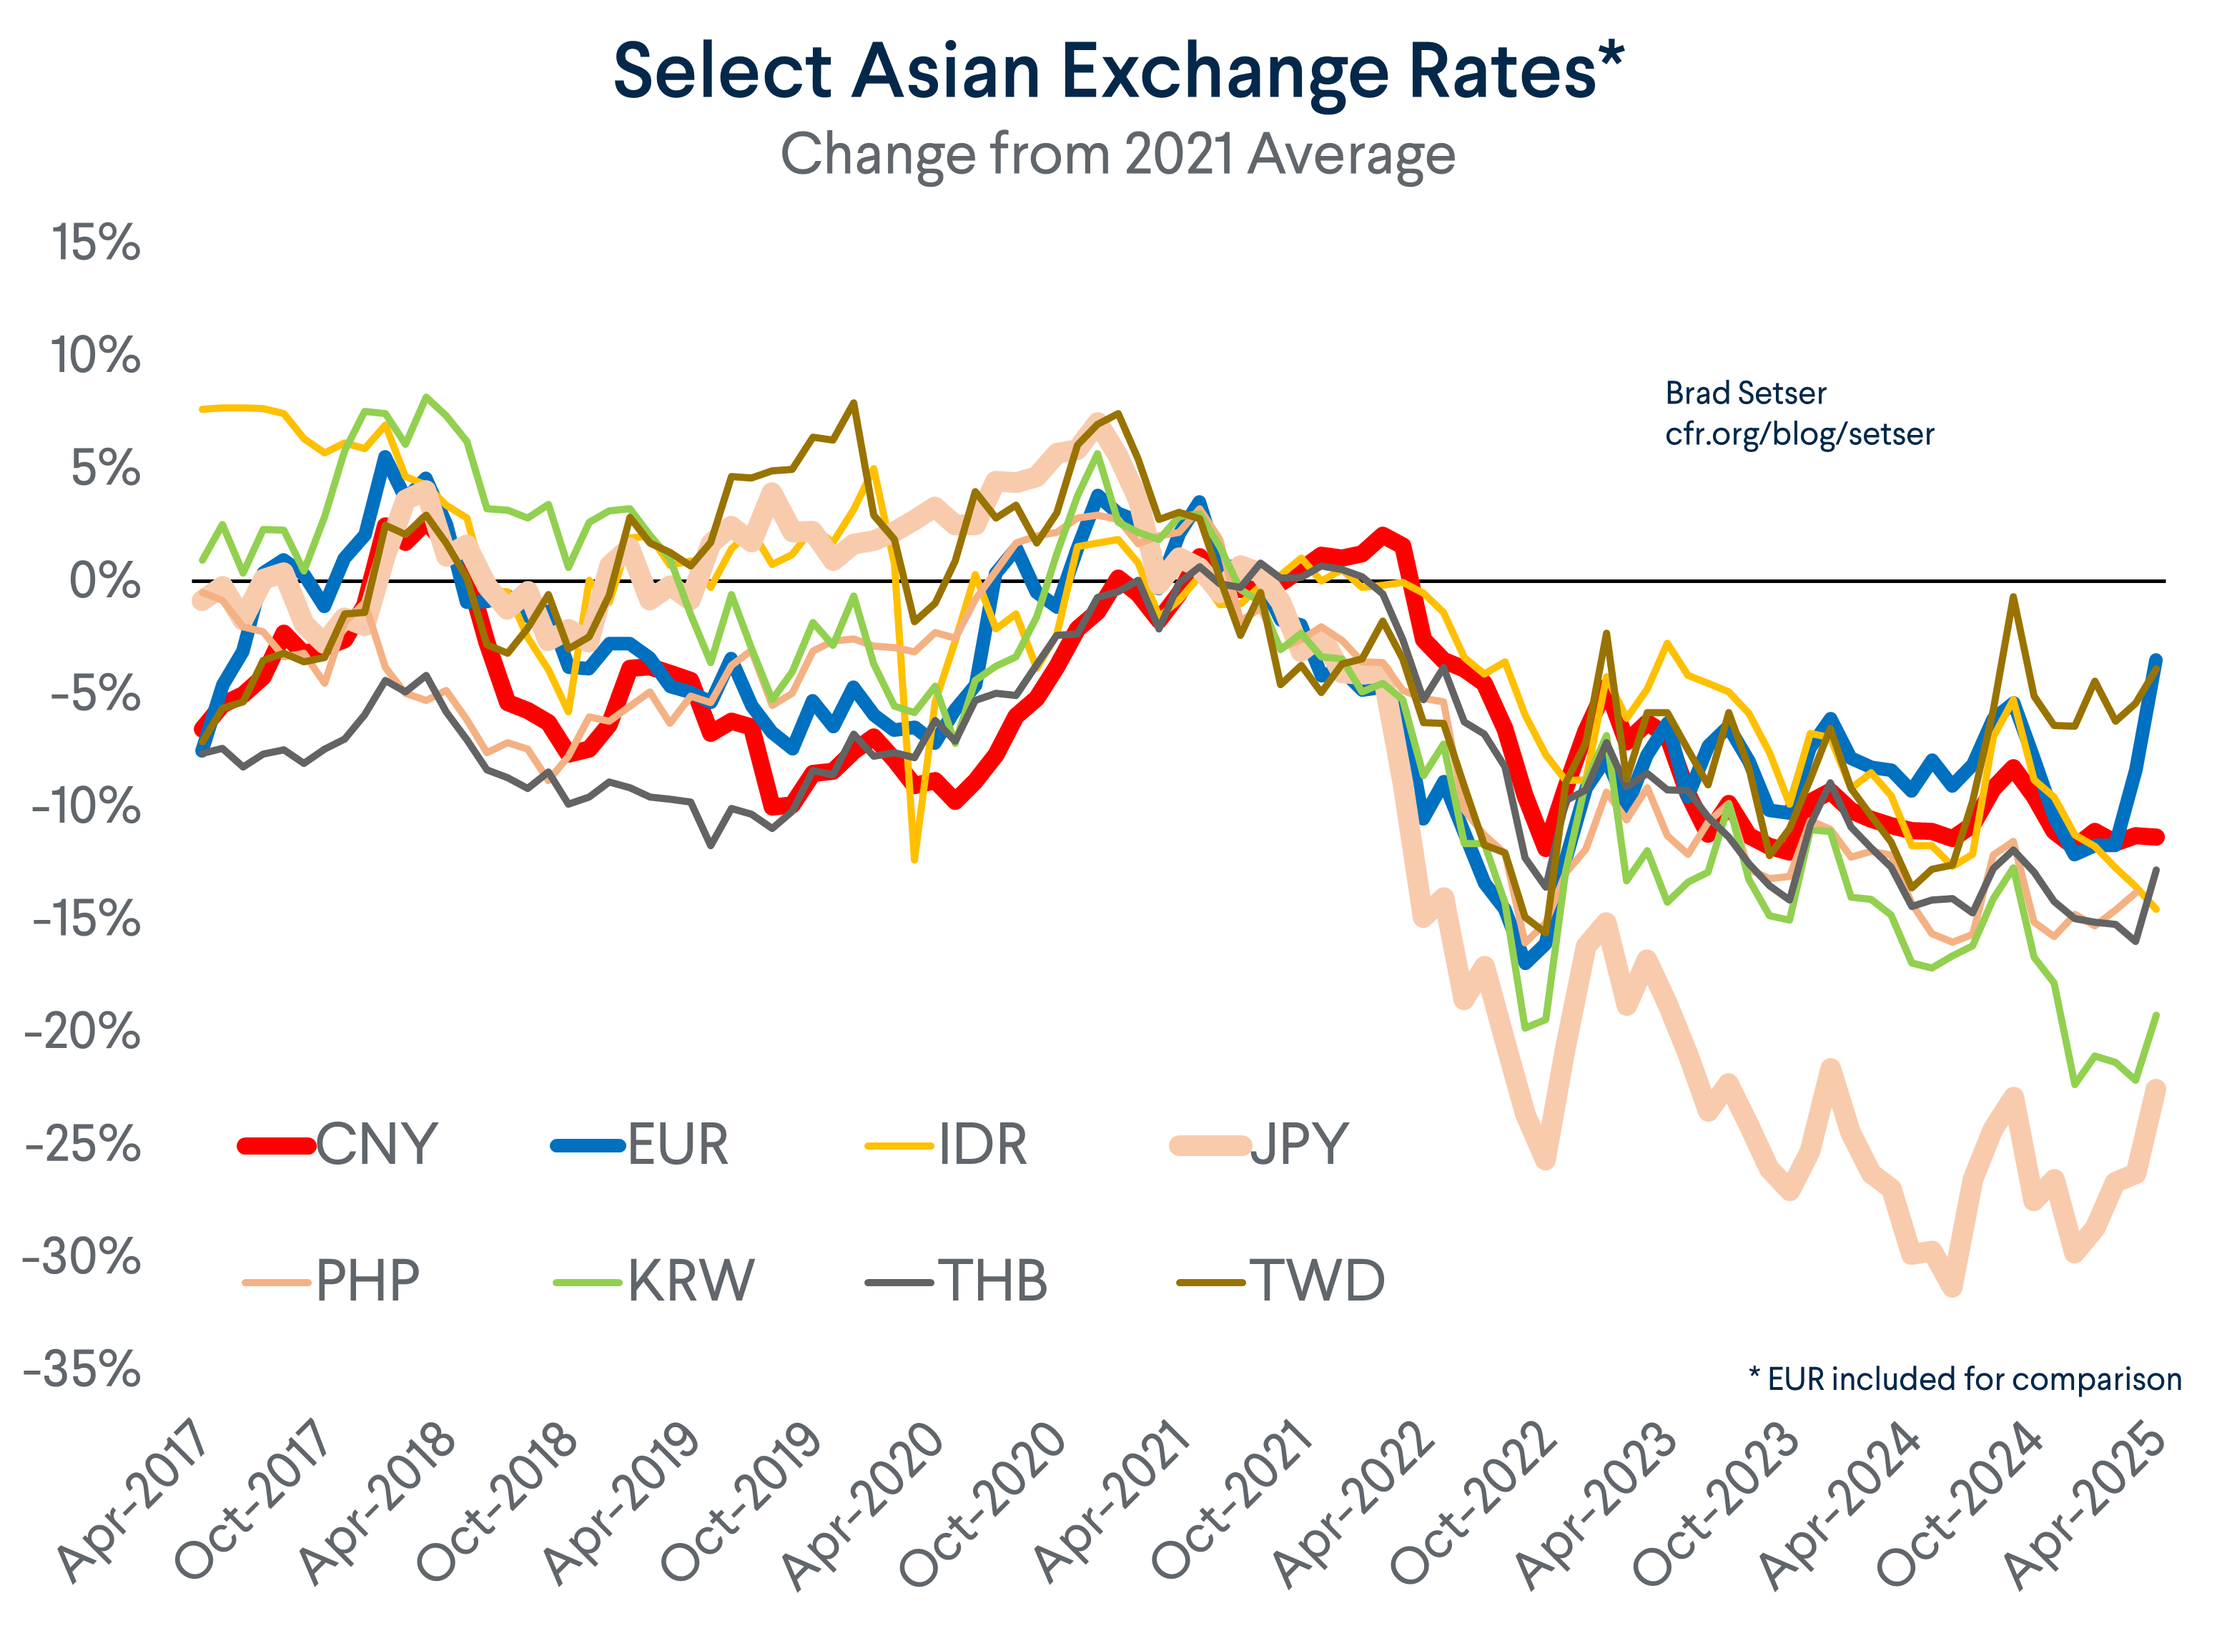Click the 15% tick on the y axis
[x=96, y=243]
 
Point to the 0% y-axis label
[x=104, y=581]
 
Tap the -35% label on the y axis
[x=83, y=1371]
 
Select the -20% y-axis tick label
[x=83, y=1033]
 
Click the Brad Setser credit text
[x=1745, y=393]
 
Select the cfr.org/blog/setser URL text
[x=1799, y=434]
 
